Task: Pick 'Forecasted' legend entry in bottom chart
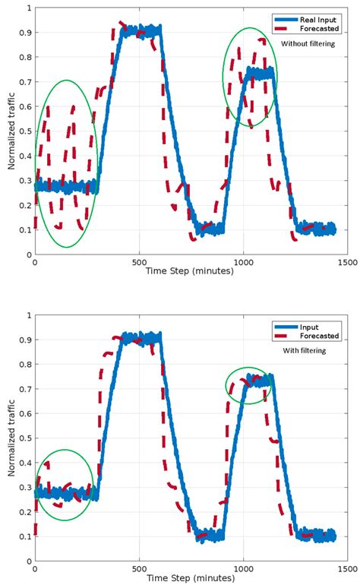(319, 335)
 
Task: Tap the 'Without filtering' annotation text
(311, 45)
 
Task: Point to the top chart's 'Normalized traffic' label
(12, 132)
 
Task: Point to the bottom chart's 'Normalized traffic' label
(12, 438)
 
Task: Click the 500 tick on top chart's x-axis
(139, 263)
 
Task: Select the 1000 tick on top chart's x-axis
(243, 263)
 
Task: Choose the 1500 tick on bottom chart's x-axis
(346, 570)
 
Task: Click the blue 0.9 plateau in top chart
(141, 31)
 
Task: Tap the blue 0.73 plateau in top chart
(259, 74)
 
